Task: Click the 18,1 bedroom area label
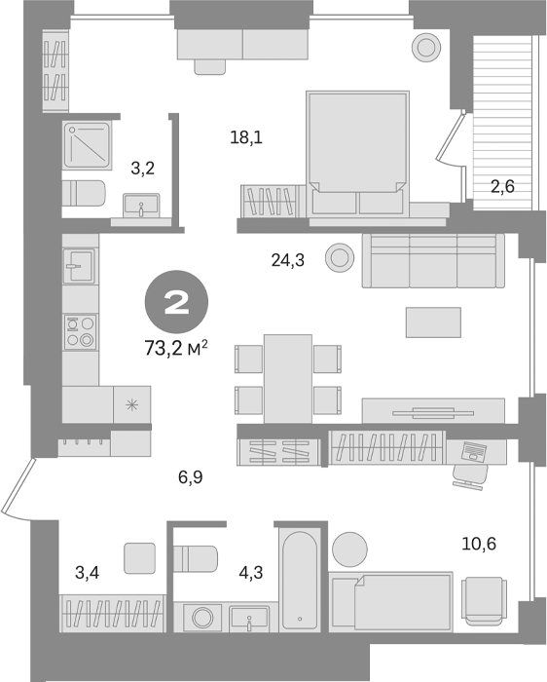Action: tap(247, 137)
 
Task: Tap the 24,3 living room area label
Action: tap(288, 259)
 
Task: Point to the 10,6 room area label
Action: tap(478, 544)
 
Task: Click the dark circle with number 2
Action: tap(176, 304)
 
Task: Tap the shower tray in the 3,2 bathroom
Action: tap(91, 144)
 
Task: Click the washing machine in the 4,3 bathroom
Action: tap(202, 618)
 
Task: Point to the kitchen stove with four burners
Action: tap(81, 331)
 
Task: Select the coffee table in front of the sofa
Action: tap(432, 322)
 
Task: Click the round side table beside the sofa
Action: tap(340, 256)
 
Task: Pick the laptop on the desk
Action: tap(474, 451)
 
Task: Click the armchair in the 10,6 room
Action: tap(484, 597)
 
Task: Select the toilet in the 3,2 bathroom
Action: tap(84, 193)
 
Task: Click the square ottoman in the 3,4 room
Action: tap(140, 558)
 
